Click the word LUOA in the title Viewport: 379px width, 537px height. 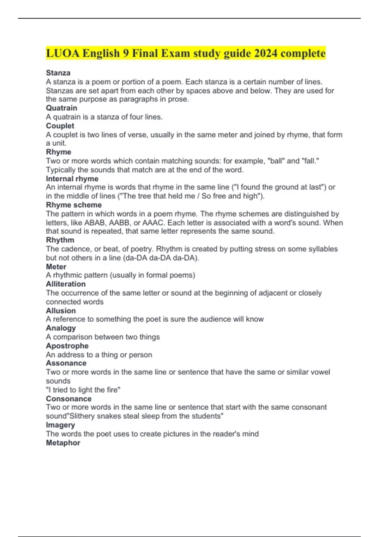pyautogui.click(x=63, y=53)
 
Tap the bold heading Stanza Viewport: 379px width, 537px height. pyautogui.click(x=58, y=73)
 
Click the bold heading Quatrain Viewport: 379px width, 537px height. pyautogui.click(x=62, y=108)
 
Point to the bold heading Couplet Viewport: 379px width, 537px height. pyautogui.click(x=60, y=126)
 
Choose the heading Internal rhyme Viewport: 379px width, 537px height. pyautogui.click(x=72, y=179)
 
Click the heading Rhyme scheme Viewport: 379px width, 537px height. pyautogui.click(x=74, y=205)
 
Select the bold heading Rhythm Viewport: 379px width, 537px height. pyautogui.click(x=60, y=240)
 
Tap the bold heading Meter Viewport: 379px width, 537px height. pyautogui.click(x=56, y=267)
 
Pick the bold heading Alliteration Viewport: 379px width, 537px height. pyautogui.click(x=66, y=284)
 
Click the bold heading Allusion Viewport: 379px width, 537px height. pyautogui.click(x=61, y=311)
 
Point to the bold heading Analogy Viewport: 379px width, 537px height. pyautogui.click(x=61, y=328)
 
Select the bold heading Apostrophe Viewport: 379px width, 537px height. pyautogui.click(x=67, y=346)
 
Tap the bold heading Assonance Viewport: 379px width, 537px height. pyautogui.click(x=66, y=363)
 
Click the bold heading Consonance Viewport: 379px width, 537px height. pyautogui.click(x=69, y=399)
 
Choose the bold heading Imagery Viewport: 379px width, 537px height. pyautogui.click(x=60, y=425)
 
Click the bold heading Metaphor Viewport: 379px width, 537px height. pyautogui.click(x=63, y=443)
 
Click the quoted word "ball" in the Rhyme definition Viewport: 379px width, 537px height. pyautogui.click(x=276, y=161)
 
